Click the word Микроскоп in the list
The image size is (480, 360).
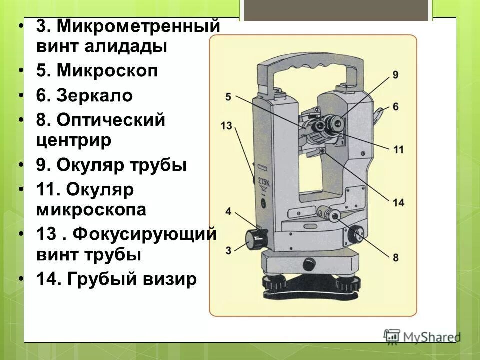point(107,71)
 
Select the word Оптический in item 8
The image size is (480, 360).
point(110,120)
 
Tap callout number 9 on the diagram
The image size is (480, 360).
point(395,75)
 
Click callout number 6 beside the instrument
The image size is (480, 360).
point(395,106)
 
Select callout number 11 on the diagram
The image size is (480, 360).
point(398,150)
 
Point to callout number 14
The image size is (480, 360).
point(398,203)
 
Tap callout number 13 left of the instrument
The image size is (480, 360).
point(226,125)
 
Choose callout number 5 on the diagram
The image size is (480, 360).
point(228,97)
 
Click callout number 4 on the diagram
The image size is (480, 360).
point(228,212)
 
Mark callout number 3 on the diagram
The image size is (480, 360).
point(228,250)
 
